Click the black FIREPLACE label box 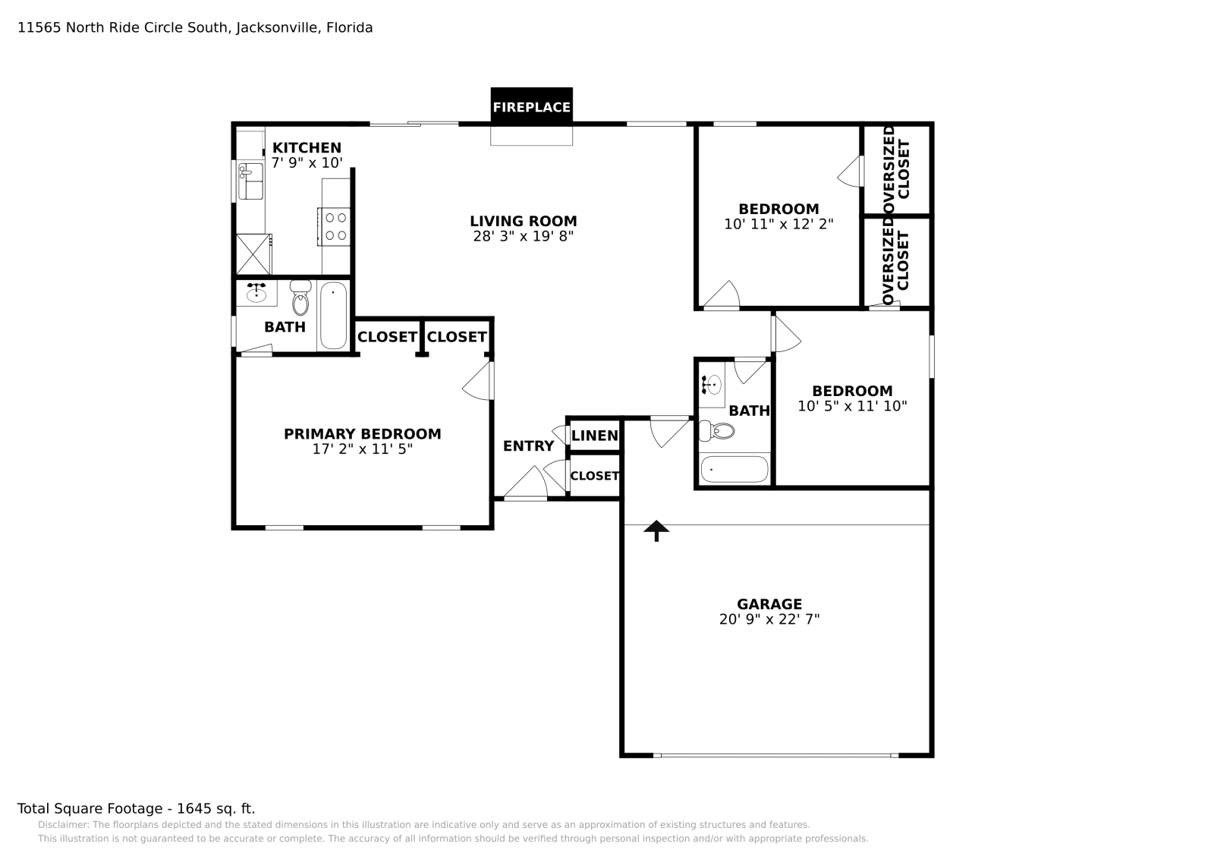click(531, 106)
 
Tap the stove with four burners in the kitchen click(335, 226)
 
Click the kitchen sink click(250, 181)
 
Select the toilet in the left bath click(300, 299)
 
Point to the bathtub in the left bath click(333, 315)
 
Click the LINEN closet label click(594, 436)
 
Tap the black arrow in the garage click(656, 530)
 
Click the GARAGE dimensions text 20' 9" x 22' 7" click(769, 619)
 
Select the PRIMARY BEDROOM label click(362, 434)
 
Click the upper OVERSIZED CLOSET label click(896, 168)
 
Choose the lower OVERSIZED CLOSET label click(896, 262)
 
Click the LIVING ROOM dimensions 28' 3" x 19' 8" click(523, 236)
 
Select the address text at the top click(195, 28)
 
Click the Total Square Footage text click(136, 808)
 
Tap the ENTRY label click(528, 446)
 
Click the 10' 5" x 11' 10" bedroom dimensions click(852, 406)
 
